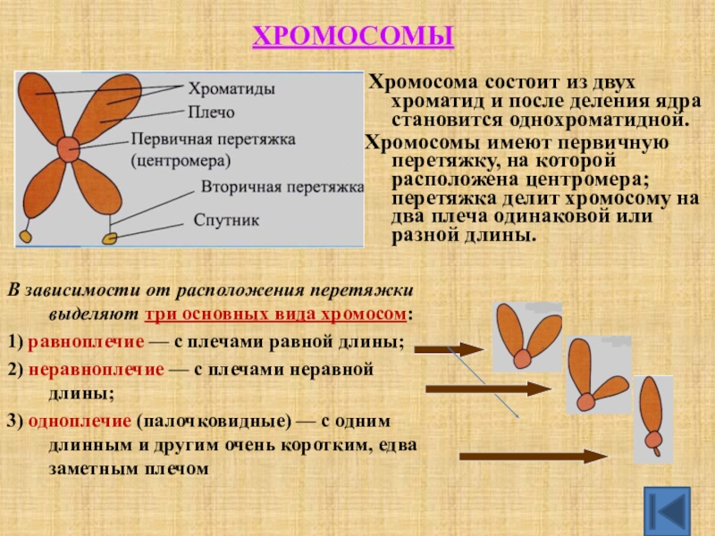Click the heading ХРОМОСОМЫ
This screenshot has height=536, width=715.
coord(354,37)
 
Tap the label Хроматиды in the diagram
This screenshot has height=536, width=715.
coord(231,89)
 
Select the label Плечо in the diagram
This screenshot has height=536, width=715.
coord(211,113)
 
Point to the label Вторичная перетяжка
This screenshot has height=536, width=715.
coord(282,188)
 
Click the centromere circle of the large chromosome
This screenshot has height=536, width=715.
coord(68,149)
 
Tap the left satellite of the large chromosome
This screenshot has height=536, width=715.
coord(26,236)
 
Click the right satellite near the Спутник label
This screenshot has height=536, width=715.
coord(111,238)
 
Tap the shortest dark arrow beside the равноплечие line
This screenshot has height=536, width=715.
coord(449,348)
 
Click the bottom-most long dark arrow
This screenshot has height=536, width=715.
coord(534,456)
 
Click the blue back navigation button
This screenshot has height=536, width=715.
coord(667,511)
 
